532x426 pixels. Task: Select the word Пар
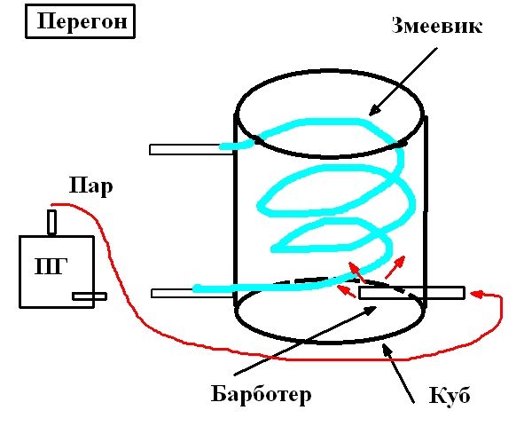pos(91,186)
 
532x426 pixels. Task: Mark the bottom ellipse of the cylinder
pos(331,337)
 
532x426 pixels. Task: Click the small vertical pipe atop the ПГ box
pos(52,222)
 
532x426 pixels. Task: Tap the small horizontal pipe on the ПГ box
pos(90,296)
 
